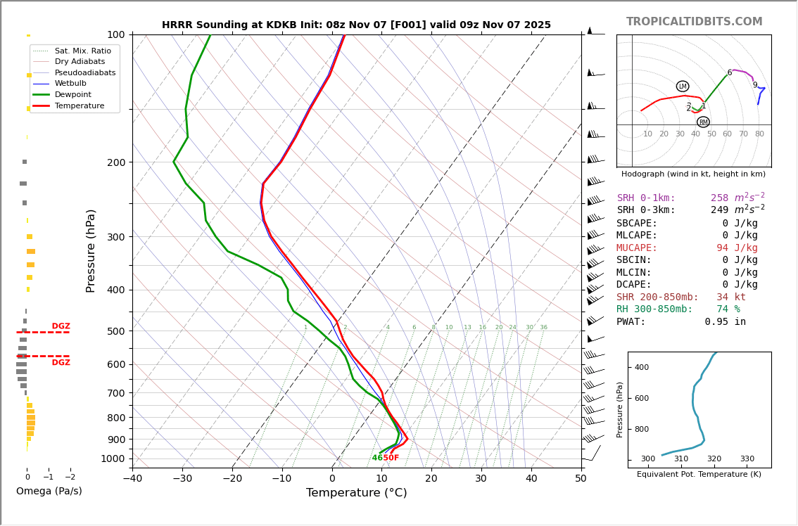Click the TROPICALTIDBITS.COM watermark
point(694,22)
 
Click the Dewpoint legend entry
point(73,94)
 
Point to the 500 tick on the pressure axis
point(116,331)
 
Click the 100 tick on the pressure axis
point(116,34)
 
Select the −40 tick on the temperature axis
point(132,479)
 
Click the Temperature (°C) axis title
point(356,493)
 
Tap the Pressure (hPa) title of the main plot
point(91,250)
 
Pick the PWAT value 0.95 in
point(725,322)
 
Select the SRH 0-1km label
point(646,198)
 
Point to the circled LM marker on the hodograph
point(682,86)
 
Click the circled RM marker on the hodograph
point(703,122)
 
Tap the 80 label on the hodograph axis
point(759,134)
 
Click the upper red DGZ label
point(61,326)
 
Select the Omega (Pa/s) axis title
point(49,491)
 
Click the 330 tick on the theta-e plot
point(747,459)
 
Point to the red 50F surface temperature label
point(391,458)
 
